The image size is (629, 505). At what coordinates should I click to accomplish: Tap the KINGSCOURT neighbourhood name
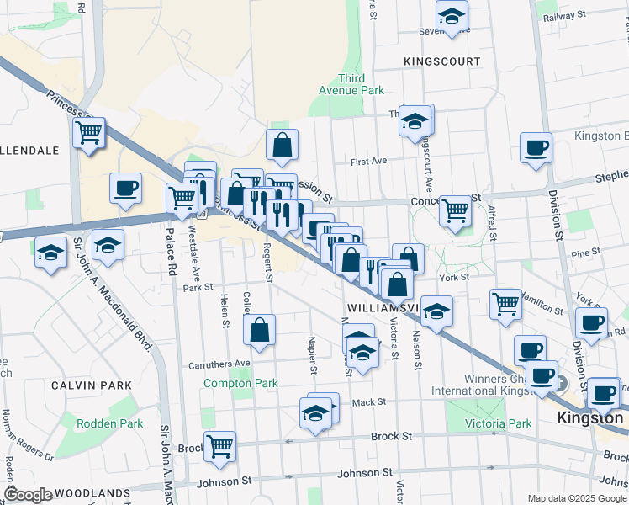tap(441, 61)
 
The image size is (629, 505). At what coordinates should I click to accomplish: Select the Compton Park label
tap(240, 383)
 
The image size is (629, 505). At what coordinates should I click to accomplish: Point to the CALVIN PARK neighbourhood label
tap(91, 385)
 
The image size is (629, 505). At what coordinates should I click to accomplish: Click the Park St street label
tap(198, 287)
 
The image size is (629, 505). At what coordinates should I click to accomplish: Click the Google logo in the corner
tap(28, 494)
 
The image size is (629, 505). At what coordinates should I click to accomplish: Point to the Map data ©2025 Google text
tap(576, 498)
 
